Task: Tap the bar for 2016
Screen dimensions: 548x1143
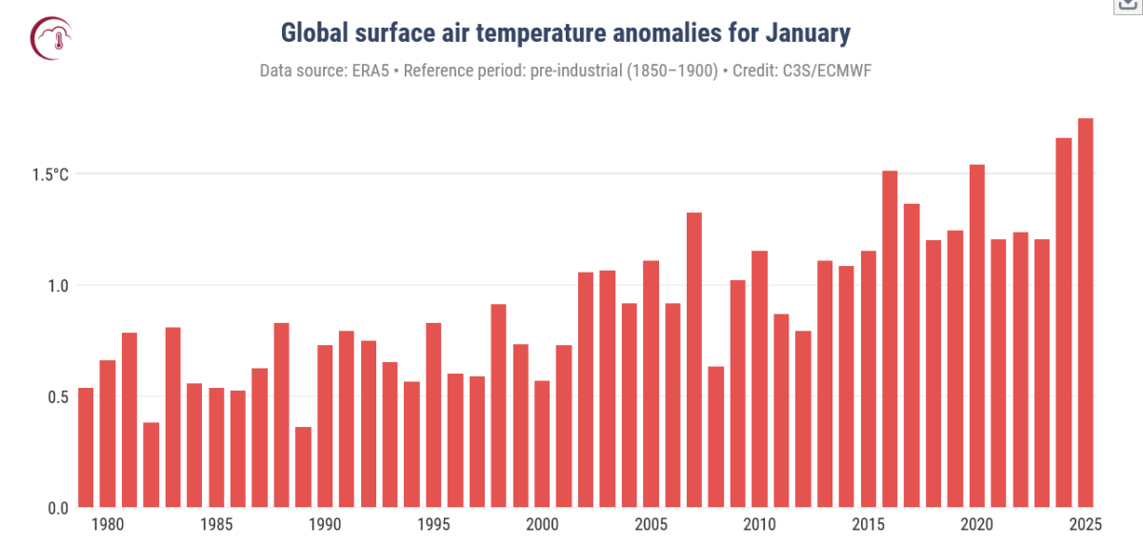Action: [x=890, y=338]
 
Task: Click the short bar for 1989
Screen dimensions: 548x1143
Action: [x=303, y=467]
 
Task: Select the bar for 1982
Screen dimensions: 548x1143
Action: [x=150, y=464]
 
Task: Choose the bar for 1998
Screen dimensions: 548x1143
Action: [x=498, y=405]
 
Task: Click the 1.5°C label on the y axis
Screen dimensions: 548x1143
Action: [x=50, y=174]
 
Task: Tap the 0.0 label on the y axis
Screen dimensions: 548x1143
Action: [x=57, y=508]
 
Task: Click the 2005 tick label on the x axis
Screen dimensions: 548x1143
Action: [x=651, y=524]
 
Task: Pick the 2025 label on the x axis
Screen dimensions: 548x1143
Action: [x=1085, y=524]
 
